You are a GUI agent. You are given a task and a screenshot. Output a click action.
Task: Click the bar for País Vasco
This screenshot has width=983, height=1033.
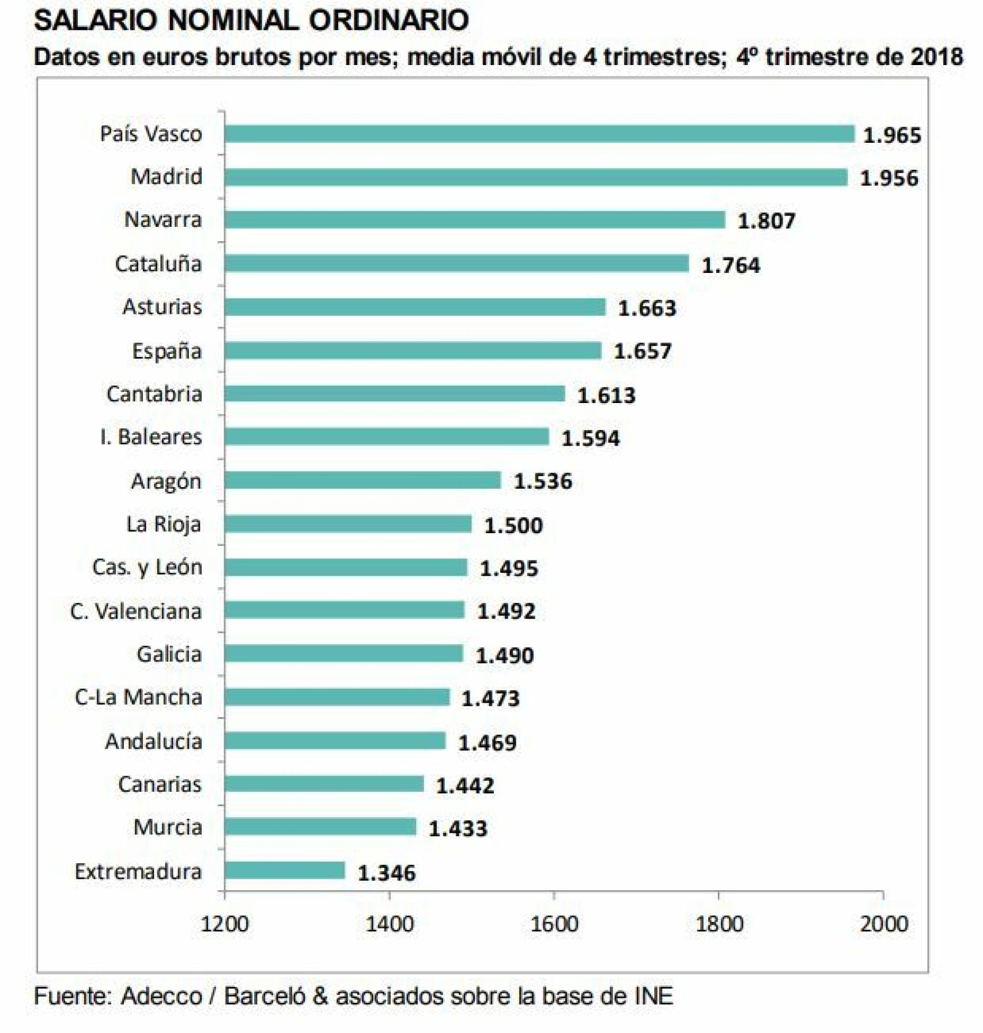tap(539, 134)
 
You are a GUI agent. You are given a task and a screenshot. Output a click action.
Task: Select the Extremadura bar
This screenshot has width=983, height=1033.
tap(285, 870)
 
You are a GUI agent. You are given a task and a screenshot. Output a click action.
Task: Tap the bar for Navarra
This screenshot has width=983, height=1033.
tap(474, 220)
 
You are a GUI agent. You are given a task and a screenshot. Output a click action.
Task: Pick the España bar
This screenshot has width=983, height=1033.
tap(413, 351)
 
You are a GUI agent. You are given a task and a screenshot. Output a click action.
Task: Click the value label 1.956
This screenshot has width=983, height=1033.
tap(889, 178)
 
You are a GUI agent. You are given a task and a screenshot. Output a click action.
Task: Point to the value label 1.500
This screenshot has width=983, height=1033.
tap(513, 525)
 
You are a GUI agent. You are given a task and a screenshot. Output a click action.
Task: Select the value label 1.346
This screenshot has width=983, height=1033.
tap(386, 873)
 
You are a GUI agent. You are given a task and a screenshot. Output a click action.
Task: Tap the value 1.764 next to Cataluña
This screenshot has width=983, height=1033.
tap(730, 265)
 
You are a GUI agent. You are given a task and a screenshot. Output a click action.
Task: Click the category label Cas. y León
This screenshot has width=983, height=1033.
tap(147, 567)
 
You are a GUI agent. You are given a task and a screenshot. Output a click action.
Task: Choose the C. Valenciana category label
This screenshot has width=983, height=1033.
tap(136, 611)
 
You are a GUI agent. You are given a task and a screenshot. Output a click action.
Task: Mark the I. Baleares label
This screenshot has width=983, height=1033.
tap(151, 437)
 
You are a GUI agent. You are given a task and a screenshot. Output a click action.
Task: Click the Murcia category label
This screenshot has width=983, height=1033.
tap(168, 827)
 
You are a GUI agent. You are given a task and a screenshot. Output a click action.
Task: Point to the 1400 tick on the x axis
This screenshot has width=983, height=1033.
tap(390, 924)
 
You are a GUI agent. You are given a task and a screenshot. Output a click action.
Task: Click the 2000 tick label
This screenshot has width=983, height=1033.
tap(883, 924)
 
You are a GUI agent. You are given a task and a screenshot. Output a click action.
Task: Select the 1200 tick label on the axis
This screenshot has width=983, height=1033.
tap(224, 924)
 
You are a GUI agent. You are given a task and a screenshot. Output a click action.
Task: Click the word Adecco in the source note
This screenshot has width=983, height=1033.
tap(161, 996)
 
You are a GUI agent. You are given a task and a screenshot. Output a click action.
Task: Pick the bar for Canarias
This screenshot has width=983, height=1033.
tap(324, 784)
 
